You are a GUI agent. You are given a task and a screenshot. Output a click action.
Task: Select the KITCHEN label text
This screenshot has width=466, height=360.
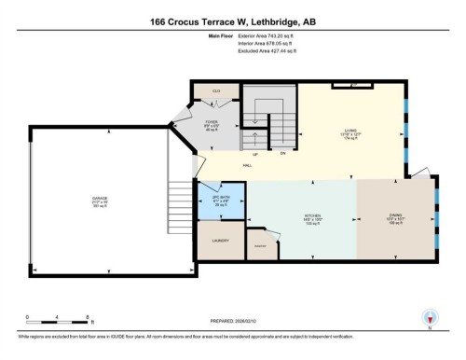click(313, 215)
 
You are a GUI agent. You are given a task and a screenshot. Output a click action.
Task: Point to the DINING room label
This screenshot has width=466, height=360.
click(395, 215)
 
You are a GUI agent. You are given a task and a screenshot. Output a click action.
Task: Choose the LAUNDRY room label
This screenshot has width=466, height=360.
click(221, 241)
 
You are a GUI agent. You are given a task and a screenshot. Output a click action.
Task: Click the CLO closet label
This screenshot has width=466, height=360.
click(216, 90)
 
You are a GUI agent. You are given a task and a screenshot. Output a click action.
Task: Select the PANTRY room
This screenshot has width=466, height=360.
click(261, 244)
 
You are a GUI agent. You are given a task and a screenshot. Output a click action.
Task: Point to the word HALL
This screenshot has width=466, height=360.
click(248, 164)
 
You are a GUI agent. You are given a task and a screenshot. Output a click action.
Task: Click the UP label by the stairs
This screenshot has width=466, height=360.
click(254, 153)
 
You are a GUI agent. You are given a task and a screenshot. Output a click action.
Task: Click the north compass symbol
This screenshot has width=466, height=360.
click(430, 317)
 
